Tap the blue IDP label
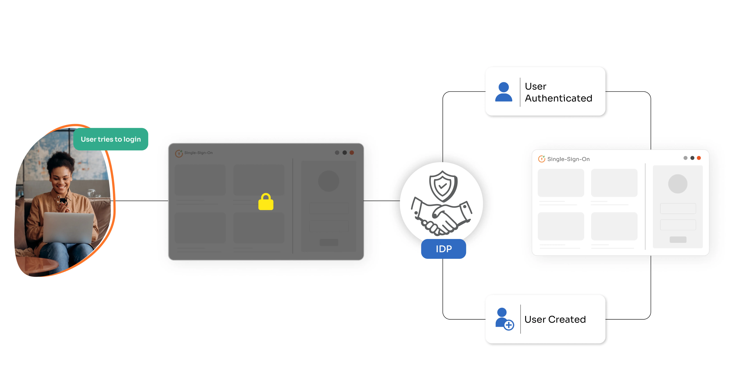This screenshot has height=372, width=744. (443, 249)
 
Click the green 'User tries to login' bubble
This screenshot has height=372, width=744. (111, 139)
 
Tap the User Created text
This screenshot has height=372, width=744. (555, 319)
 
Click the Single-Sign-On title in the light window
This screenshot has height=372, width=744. (568, 159)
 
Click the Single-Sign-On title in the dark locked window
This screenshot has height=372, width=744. (198, 153)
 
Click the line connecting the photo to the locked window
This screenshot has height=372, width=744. (142, 201)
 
